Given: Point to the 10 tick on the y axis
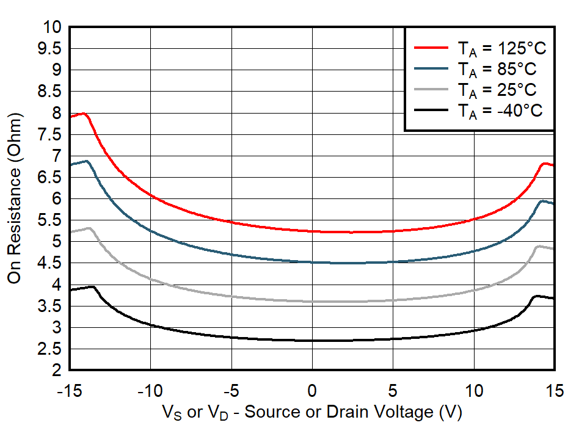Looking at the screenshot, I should [51, 27].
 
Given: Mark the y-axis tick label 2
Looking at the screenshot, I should [57, 371].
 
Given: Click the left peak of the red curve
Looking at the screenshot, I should [84, 114].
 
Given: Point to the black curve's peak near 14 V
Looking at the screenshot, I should [536, 296].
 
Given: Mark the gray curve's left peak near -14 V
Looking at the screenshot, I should [89, 228].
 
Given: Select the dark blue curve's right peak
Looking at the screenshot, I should [542, 200].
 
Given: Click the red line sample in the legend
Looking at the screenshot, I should [431, 48].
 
